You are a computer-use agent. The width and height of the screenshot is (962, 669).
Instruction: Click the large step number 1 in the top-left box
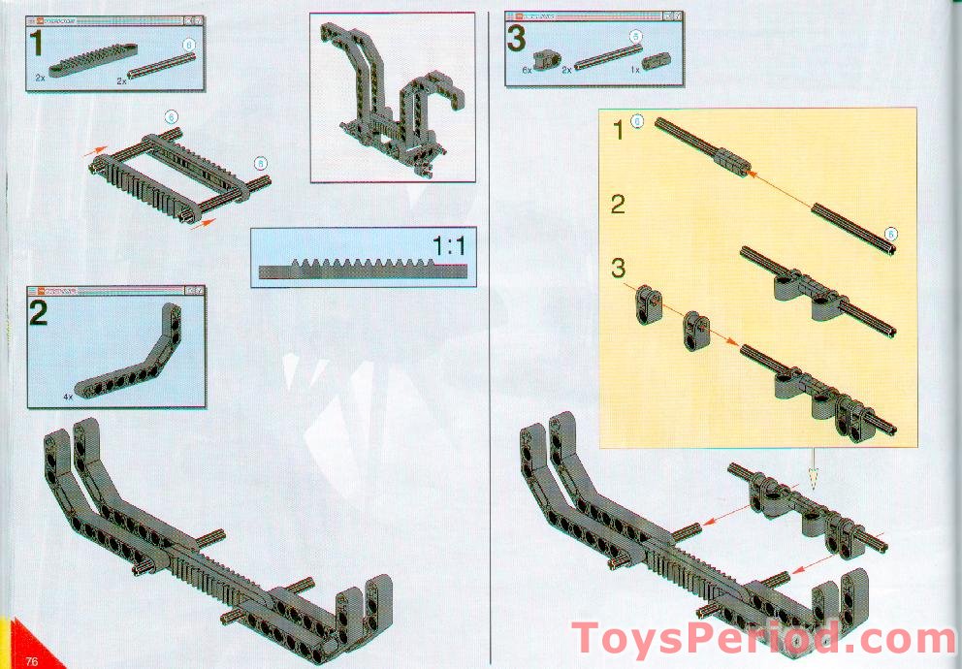click(x=36, y=44)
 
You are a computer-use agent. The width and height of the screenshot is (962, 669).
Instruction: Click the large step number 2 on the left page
click(x=39, y=314)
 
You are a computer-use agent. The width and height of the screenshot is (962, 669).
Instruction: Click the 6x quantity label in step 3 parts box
click(x=528, y=71)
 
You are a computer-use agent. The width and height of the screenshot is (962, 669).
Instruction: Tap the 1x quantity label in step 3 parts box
click(x=634, y=71)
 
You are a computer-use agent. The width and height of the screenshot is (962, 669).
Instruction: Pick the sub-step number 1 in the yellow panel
click(x=618, y=129)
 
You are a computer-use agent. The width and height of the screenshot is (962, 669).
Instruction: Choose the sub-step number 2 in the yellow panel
click(x=618, y=205)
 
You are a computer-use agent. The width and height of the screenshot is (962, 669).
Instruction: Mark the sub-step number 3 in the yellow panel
click(x=619, y=266)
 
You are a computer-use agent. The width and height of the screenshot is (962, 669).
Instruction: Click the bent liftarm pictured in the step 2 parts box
click(x=126, y=349)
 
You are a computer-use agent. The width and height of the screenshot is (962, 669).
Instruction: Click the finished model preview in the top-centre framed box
click(x=393, y=97)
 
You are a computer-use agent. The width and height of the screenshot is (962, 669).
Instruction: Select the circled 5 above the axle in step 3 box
click(x=635, y=37)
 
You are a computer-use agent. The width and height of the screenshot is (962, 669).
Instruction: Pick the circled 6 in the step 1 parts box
click(x=189, y=45)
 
